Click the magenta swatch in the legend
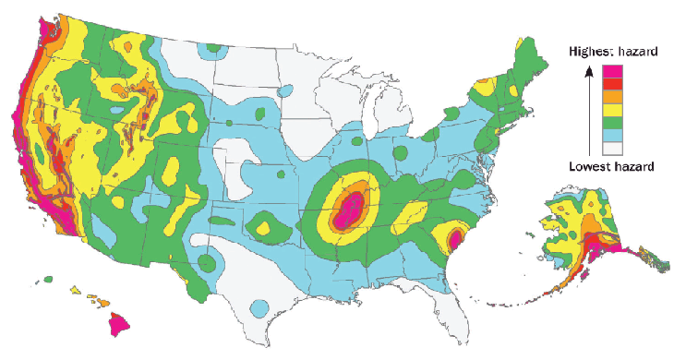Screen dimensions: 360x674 click(x=613, y=71)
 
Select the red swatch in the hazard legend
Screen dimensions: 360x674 click(x=613, y=84)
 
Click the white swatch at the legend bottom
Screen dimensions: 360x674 click(x=613, y=148)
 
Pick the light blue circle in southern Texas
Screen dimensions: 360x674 click(x=260, y=306)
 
